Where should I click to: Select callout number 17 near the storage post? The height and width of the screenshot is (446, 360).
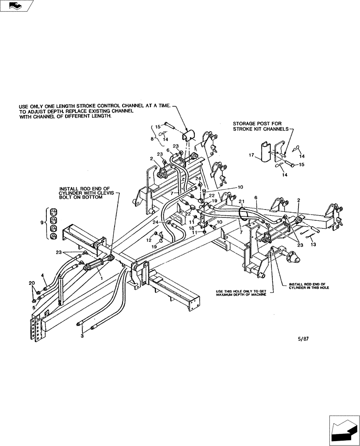[x=252, y=156]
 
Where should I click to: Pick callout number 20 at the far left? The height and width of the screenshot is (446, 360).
[x=31, y=284]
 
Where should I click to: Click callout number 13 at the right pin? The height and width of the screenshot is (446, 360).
[x=313, y=244]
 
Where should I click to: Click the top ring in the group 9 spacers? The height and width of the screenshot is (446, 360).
[x=53, y=211]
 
